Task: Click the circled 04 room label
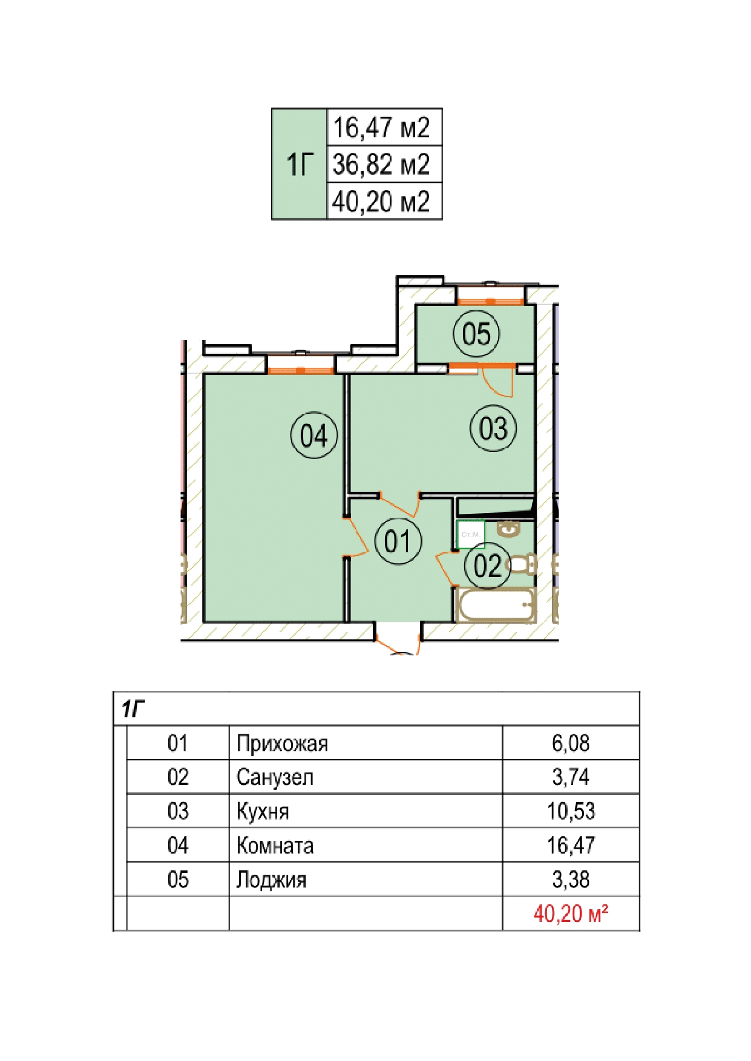(x=313, y=435)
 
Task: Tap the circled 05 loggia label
(x=476, y=333)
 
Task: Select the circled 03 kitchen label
(x=493, y=428)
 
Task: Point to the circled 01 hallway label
(x=398, y=541)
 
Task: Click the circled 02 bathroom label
(x=487, y=566)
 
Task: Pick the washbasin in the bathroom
(x=508, y=528)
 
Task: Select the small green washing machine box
(x=471, y=534)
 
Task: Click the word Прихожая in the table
(x=282, y=743)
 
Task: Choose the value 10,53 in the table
(x=571, y=811)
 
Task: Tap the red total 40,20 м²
(x=571, y=913)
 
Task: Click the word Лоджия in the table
(x=271, y=880)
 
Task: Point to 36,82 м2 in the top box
(x=381, y=164)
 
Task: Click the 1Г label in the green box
(x=300, y=165)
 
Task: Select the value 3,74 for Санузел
(x=571, y=777)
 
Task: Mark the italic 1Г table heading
(x=133, y=709)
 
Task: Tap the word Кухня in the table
(x=263, y=811)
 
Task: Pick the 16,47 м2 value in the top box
(x=381, y=128)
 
